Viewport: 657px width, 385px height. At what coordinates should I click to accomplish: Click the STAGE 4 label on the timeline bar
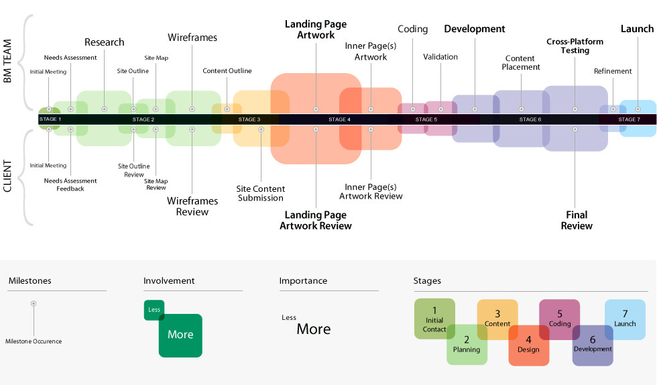339,119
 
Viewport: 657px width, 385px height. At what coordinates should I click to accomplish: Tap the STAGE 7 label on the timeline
628,119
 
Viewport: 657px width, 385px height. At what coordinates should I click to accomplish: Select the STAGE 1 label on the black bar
50,119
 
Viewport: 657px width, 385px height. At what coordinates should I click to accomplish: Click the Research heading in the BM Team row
104,42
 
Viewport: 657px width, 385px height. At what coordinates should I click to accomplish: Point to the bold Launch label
637,29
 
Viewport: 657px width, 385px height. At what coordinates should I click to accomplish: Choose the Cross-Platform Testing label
575,46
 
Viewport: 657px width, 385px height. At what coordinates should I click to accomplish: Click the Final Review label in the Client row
577,220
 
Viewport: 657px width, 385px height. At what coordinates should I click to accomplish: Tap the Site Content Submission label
260,193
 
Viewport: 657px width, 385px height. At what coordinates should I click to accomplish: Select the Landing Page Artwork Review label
316,220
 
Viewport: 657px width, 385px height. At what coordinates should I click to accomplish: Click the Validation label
440,57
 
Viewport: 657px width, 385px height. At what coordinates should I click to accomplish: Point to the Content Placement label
521,62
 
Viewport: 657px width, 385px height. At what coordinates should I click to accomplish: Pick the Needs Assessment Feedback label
70,184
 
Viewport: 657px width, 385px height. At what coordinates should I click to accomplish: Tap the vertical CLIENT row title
8,176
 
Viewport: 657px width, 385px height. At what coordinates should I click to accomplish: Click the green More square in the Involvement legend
180,335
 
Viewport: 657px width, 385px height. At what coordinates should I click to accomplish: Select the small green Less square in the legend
154,310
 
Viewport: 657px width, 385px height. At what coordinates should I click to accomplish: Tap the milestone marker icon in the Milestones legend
34,304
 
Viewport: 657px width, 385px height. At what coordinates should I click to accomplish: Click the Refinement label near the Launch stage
613,71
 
